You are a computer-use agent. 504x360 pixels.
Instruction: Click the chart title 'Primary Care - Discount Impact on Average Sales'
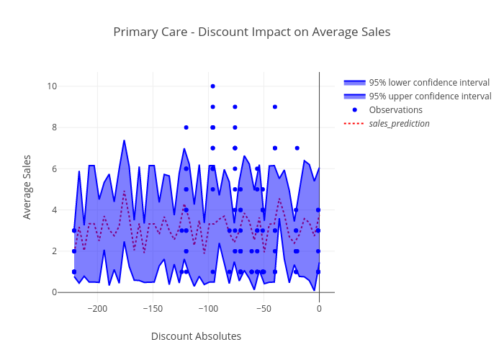251,32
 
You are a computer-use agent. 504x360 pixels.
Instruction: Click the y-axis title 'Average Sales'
27,186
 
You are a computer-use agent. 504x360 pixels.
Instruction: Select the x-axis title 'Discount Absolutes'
196,336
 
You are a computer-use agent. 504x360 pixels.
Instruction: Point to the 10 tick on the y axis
51,86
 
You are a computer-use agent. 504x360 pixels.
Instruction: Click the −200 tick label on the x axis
96,308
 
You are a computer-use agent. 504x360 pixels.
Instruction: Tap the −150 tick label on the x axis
152,308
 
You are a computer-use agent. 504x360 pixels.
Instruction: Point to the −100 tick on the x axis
207,308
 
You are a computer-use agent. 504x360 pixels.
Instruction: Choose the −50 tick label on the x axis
263,308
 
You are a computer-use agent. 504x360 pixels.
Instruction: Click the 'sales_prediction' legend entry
399,124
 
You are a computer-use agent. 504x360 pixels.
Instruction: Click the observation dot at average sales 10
212,86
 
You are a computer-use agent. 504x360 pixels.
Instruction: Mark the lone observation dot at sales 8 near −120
186,127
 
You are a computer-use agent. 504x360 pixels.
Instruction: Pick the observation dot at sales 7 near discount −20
297,148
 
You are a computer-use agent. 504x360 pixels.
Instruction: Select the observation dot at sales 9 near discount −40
274,107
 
